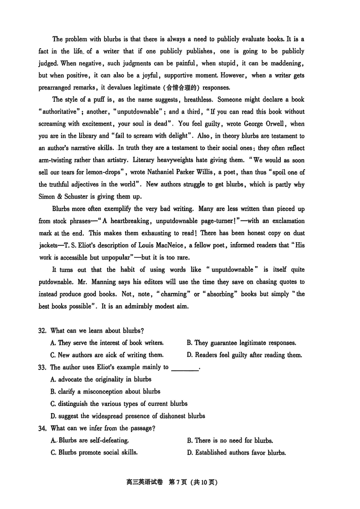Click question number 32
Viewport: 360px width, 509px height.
(x=42, y=331)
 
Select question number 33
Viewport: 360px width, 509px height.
(x=42, y=367)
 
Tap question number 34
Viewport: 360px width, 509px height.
(x=42, y=428)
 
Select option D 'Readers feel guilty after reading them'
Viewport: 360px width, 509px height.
(x=244, y=355)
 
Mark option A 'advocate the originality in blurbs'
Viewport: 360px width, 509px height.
(x=101, y=379)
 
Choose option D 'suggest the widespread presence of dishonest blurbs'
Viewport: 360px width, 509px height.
(x=128, y=416)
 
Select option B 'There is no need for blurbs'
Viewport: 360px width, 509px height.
(x=230, y=441)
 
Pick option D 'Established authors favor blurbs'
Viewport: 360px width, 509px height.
(x=236, y=453)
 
